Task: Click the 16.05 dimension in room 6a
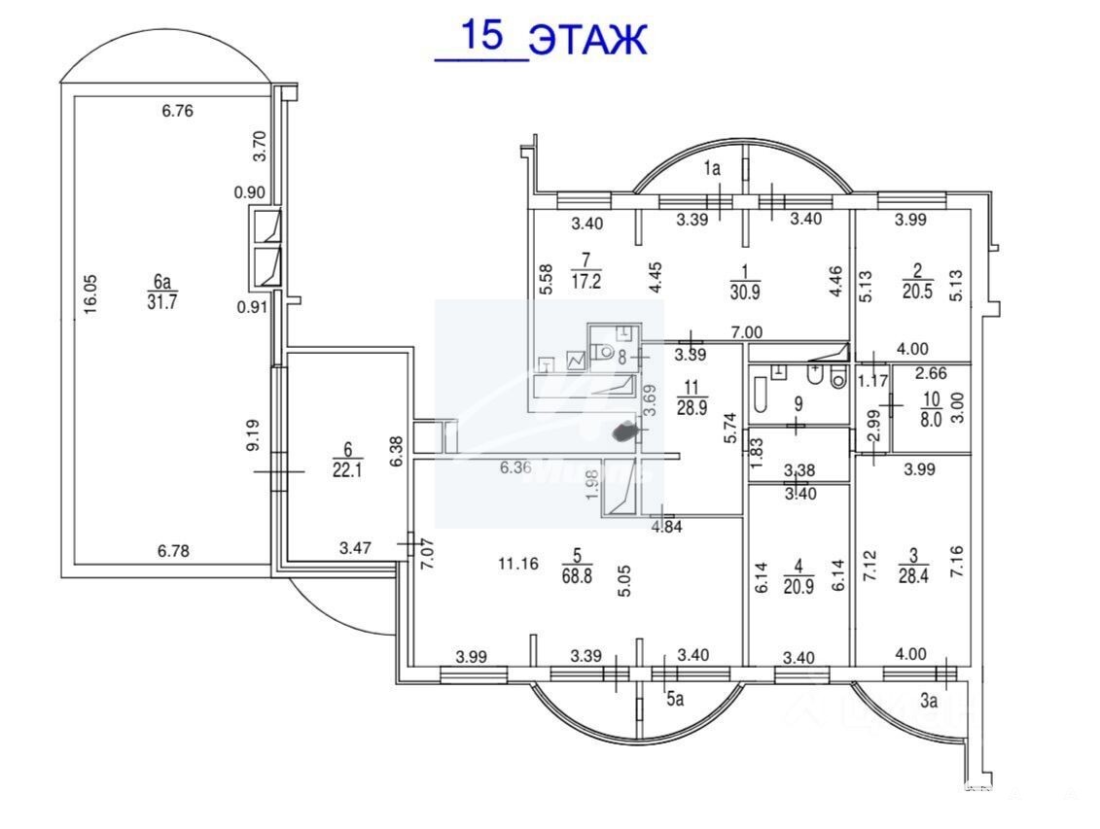point(90,291)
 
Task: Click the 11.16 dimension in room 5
point(518,561)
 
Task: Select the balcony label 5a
point(676,696)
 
